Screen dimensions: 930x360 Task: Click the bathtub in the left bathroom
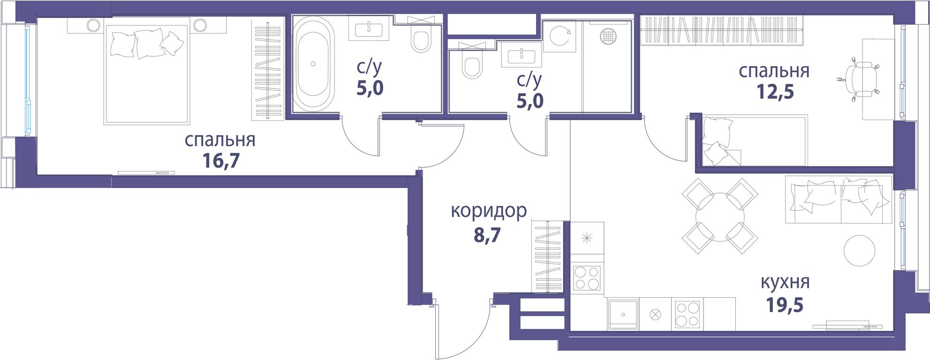coord(314,63)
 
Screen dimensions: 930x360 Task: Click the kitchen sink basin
coord(622,314)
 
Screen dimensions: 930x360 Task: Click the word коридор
coord(489,212)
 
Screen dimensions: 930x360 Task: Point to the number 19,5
coord(785,305)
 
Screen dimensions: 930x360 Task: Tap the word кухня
coord(785,283)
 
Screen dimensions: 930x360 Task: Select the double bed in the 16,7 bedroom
coord(147,72)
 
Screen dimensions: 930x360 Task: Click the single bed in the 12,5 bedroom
coord(755,141)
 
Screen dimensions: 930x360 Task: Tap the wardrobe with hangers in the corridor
coord(547,256)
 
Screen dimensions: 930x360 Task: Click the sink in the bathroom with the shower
coord(522,55)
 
